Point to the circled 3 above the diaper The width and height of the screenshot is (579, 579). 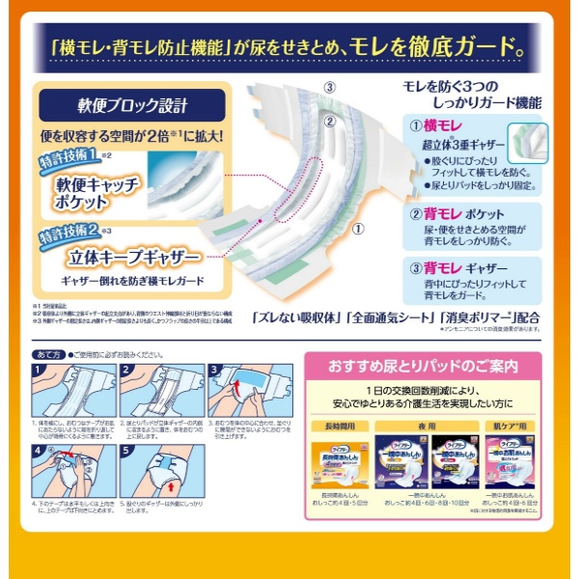(x=329, y=87)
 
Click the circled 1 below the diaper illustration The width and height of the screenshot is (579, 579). (x=357, y=229)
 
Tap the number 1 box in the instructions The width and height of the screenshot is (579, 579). (x=39, y=371)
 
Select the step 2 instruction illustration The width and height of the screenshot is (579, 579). (x=159, y=390)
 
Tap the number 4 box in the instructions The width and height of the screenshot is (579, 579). (x=39, y=451)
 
